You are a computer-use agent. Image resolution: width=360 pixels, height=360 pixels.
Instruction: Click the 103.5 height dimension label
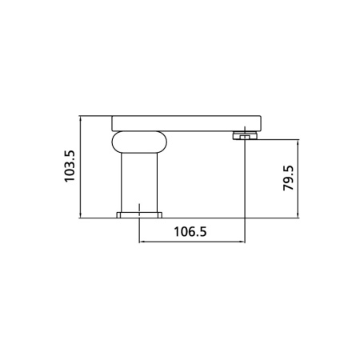(x=70, y=166)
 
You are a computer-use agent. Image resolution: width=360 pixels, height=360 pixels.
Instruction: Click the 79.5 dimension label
(x=288, y=178)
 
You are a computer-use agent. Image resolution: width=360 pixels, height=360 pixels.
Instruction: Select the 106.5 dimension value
(x=190, y=231)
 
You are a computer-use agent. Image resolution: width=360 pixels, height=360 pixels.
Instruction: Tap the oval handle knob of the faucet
(x=139, y=142)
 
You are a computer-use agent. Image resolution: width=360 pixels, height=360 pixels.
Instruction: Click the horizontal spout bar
(x=186, y=123)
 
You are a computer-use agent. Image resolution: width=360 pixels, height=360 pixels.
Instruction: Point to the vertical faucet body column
(x=139, y=182)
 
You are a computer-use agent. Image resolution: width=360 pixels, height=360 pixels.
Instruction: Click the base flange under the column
(x=139, y=215)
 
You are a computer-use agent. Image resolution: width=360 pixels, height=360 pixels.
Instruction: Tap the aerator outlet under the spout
(x=245, y=135)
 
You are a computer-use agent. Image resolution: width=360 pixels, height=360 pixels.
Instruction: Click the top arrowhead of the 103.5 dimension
(x=80, y=118)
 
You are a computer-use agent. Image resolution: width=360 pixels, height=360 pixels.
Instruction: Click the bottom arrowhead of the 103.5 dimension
(x=80, y=215)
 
